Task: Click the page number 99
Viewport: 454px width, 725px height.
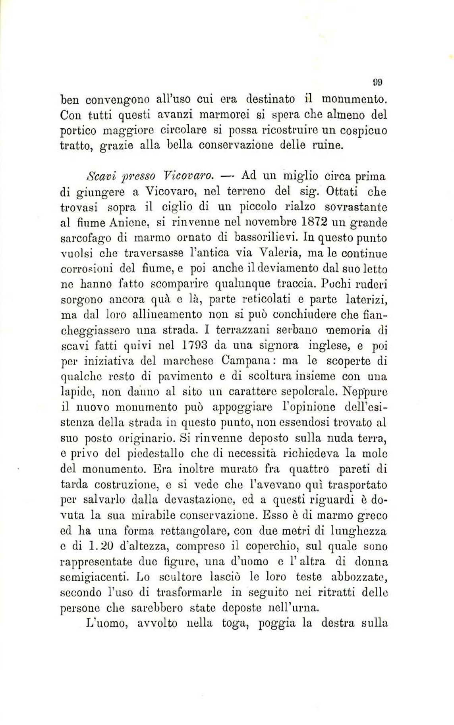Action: [x=377, y=82]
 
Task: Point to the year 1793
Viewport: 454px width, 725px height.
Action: [x=192, y=345]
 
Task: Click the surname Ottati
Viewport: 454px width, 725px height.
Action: [x=342, y=191]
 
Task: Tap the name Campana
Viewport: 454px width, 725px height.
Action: [x=246, y=361]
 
